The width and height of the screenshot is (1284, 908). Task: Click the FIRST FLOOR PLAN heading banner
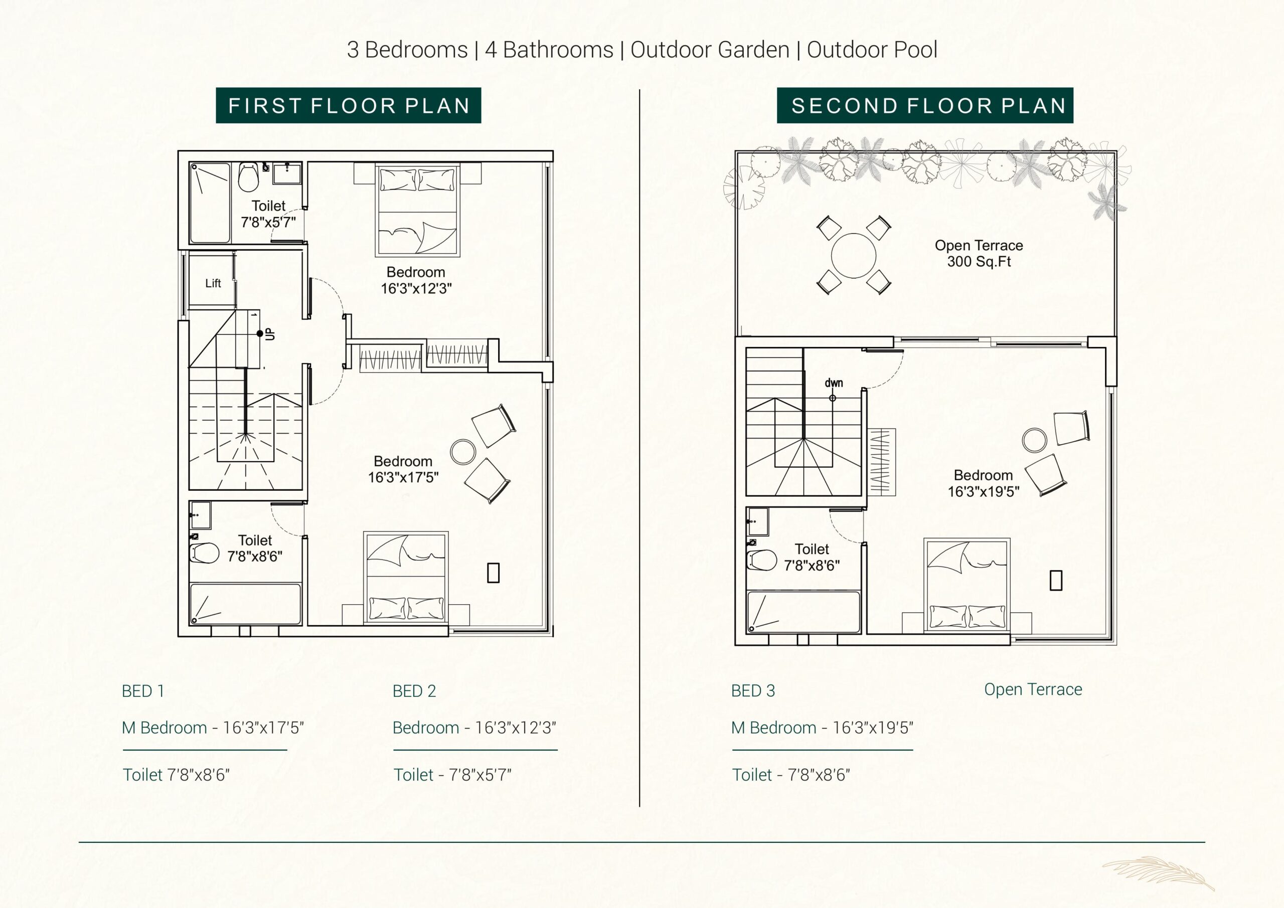349,105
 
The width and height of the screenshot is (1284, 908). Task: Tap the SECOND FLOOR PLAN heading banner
925,105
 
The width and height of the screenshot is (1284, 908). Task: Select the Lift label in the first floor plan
213,283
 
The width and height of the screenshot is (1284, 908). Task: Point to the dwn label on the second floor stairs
834,383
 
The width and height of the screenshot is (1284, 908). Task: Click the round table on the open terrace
853,256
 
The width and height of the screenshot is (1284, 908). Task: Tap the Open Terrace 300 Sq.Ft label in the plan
979,253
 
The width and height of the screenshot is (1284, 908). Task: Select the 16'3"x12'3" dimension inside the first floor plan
416,288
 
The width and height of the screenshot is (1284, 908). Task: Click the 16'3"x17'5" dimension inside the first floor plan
403,477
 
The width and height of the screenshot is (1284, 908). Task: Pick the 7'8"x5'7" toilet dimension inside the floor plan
268,222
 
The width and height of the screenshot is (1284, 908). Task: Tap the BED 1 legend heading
143,691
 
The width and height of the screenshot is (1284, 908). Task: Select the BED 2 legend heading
414,691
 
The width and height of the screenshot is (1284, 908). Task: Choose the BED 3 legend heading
753,691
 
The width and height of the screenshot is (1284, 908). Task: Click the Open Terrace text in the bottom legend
1033,689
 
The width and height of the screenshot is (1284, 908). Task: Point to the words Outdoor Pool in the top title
872,50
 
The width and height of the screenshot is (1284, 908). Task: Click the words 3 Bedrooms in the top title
407,50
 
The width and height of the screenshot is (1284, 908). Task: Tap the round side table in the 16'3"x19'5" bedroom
1035,440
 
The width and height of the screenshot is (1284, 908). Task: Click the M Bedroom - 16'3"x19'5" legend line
822,728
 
